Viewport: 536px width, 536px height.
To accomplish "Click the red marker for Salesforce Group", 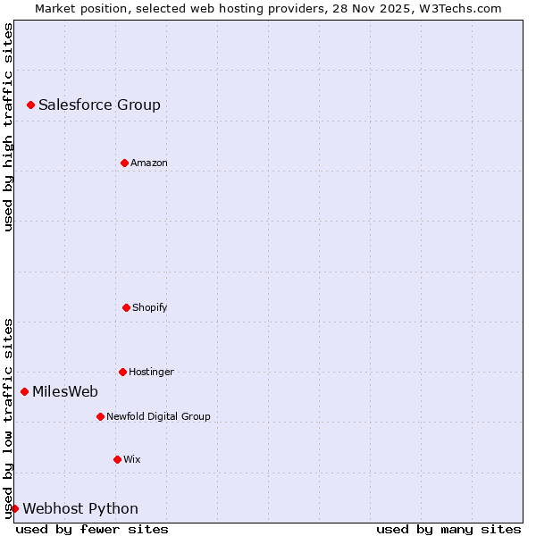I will tap(30, 105).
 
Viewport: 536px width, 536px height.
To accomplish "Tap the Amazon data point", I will tap(124, 163).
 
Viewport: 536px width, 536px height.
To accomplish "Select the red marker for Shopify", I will tap(126, 307).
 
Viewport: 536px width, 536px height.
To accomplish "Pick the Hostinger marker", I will tap(122, 372).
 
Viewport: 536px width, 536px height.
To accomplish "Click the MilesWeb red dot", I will tap(24, 391).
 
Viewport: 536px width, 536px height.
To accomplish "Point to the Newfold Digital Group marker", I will tap(100, 416).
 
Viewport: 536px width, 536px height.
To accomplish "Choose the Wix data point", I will tap(117, 459).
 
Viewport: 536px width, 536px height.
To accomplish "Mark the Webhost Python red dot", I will tap(14, 508).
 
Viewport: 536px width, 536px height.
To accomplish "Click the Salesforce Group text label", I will tap(99, 105).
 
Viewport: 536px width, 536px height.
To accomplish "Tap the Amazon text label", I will tap(149, 163).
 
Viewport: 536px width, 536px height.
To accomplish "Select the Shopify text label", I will tap(150, 307).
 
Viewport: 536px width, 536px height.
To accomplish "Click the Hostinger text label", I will tap(151, 372).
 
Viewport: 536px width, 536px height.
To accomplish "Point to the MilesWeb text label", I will tap(65, 391).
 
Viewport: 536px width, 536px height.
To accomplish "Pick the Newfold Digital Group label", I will tap(158, 416).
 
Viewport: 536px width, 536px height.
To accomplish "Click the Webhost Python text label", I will tap(80, 508).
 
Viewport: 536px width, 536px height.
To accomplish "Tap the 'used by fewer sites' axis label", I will tap(92, 529).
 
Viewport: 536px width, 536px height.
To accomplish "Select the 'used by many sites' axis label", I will tap(448, 529).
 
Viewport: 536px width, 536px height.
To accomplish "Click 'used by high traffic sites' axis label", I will tap(9, 127).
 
